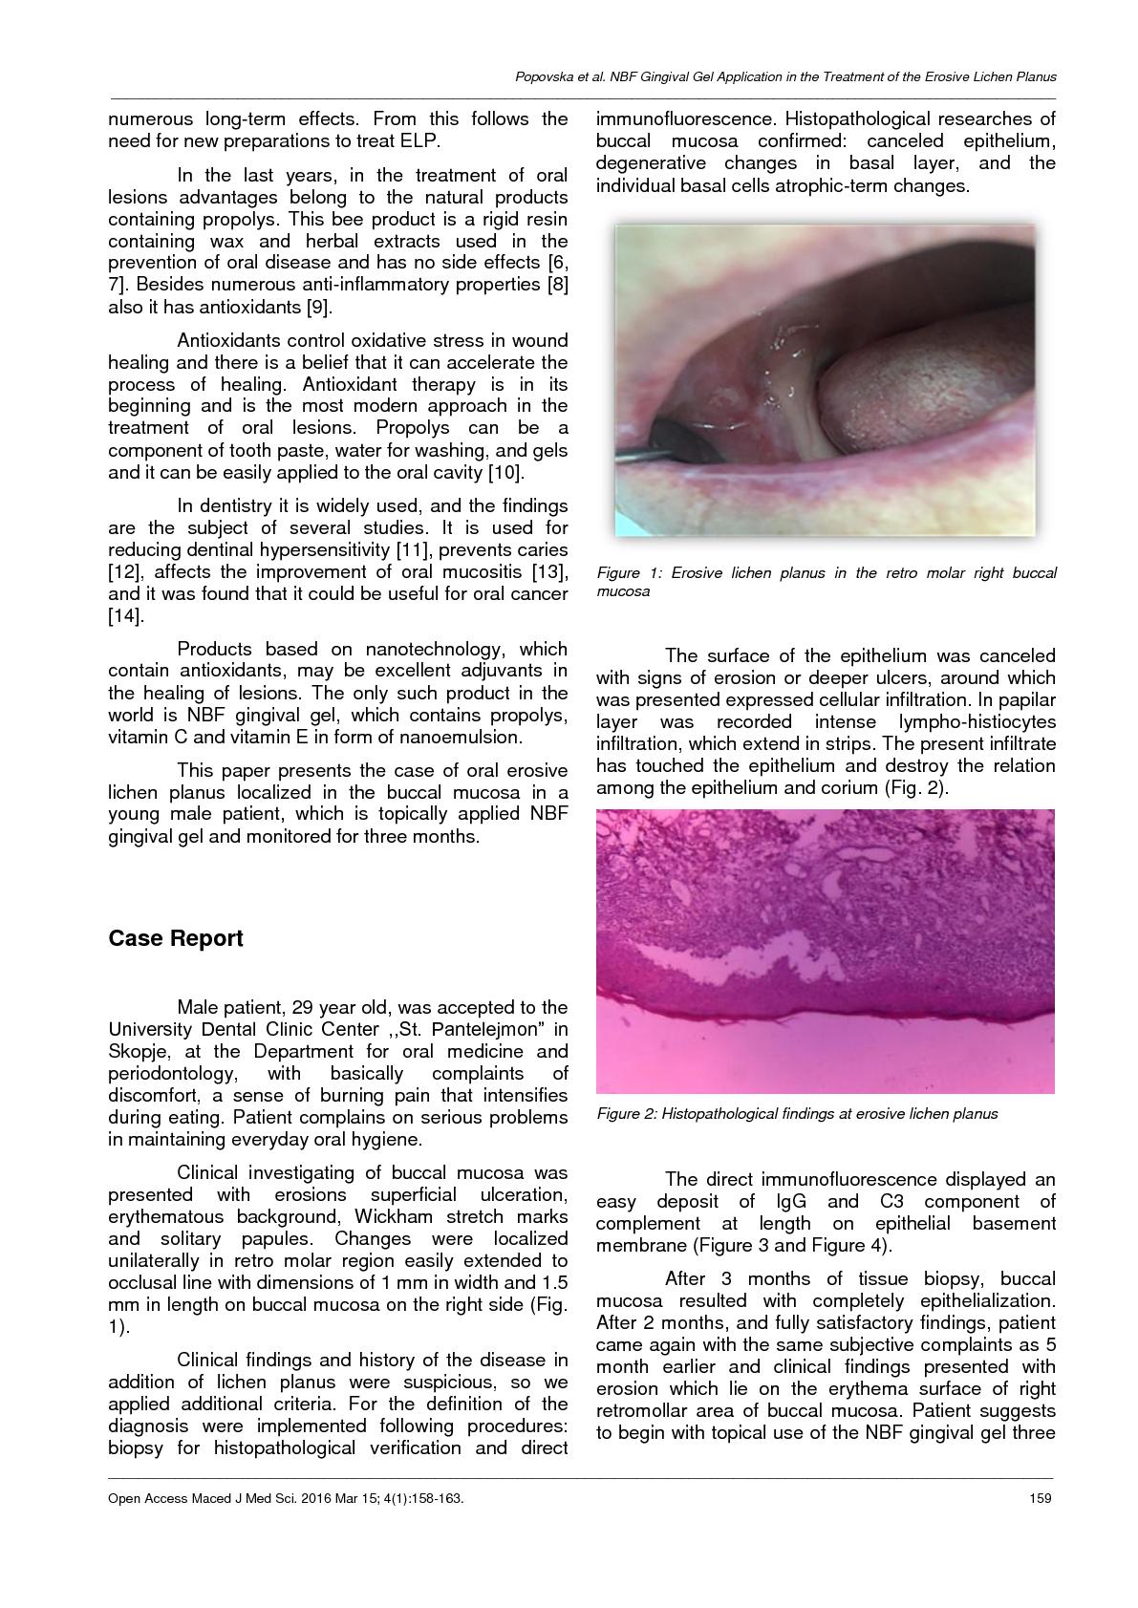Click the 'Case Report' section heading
(x=176, y=938)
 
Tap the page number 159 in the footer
(x=1041, y=1498)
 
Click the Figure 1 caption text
(x=826, y=582)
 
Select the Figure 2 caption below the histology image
(x=797, y=1113)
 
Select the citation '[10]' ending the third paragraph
(x=505, y=472)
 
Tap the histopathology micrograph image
(x=825, y=951)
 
